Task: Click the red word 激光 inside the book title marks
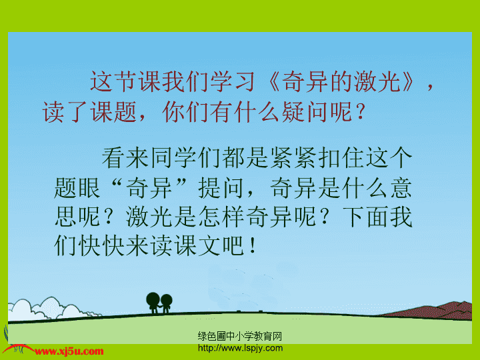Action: click(377, 81)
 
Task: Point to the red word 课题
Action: click(114, 112)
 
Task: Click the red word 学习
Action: click(233, 81)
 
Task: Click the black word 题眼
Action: click(77, 187)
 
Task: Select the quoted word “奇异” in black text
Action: click(149, 187)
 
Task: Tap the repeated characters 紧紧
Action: click(293, 157)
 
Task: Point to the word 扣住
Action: click(341, 157)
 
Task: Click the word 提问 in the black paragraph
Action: click(222, 187)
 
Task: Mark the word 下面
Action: click(365, 217)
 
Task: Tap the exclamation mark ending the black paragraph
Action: click(253, 245)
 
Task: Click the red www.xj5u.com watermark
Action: click(69, 351)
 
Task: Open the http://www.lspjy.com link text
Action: click(240, 348)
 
